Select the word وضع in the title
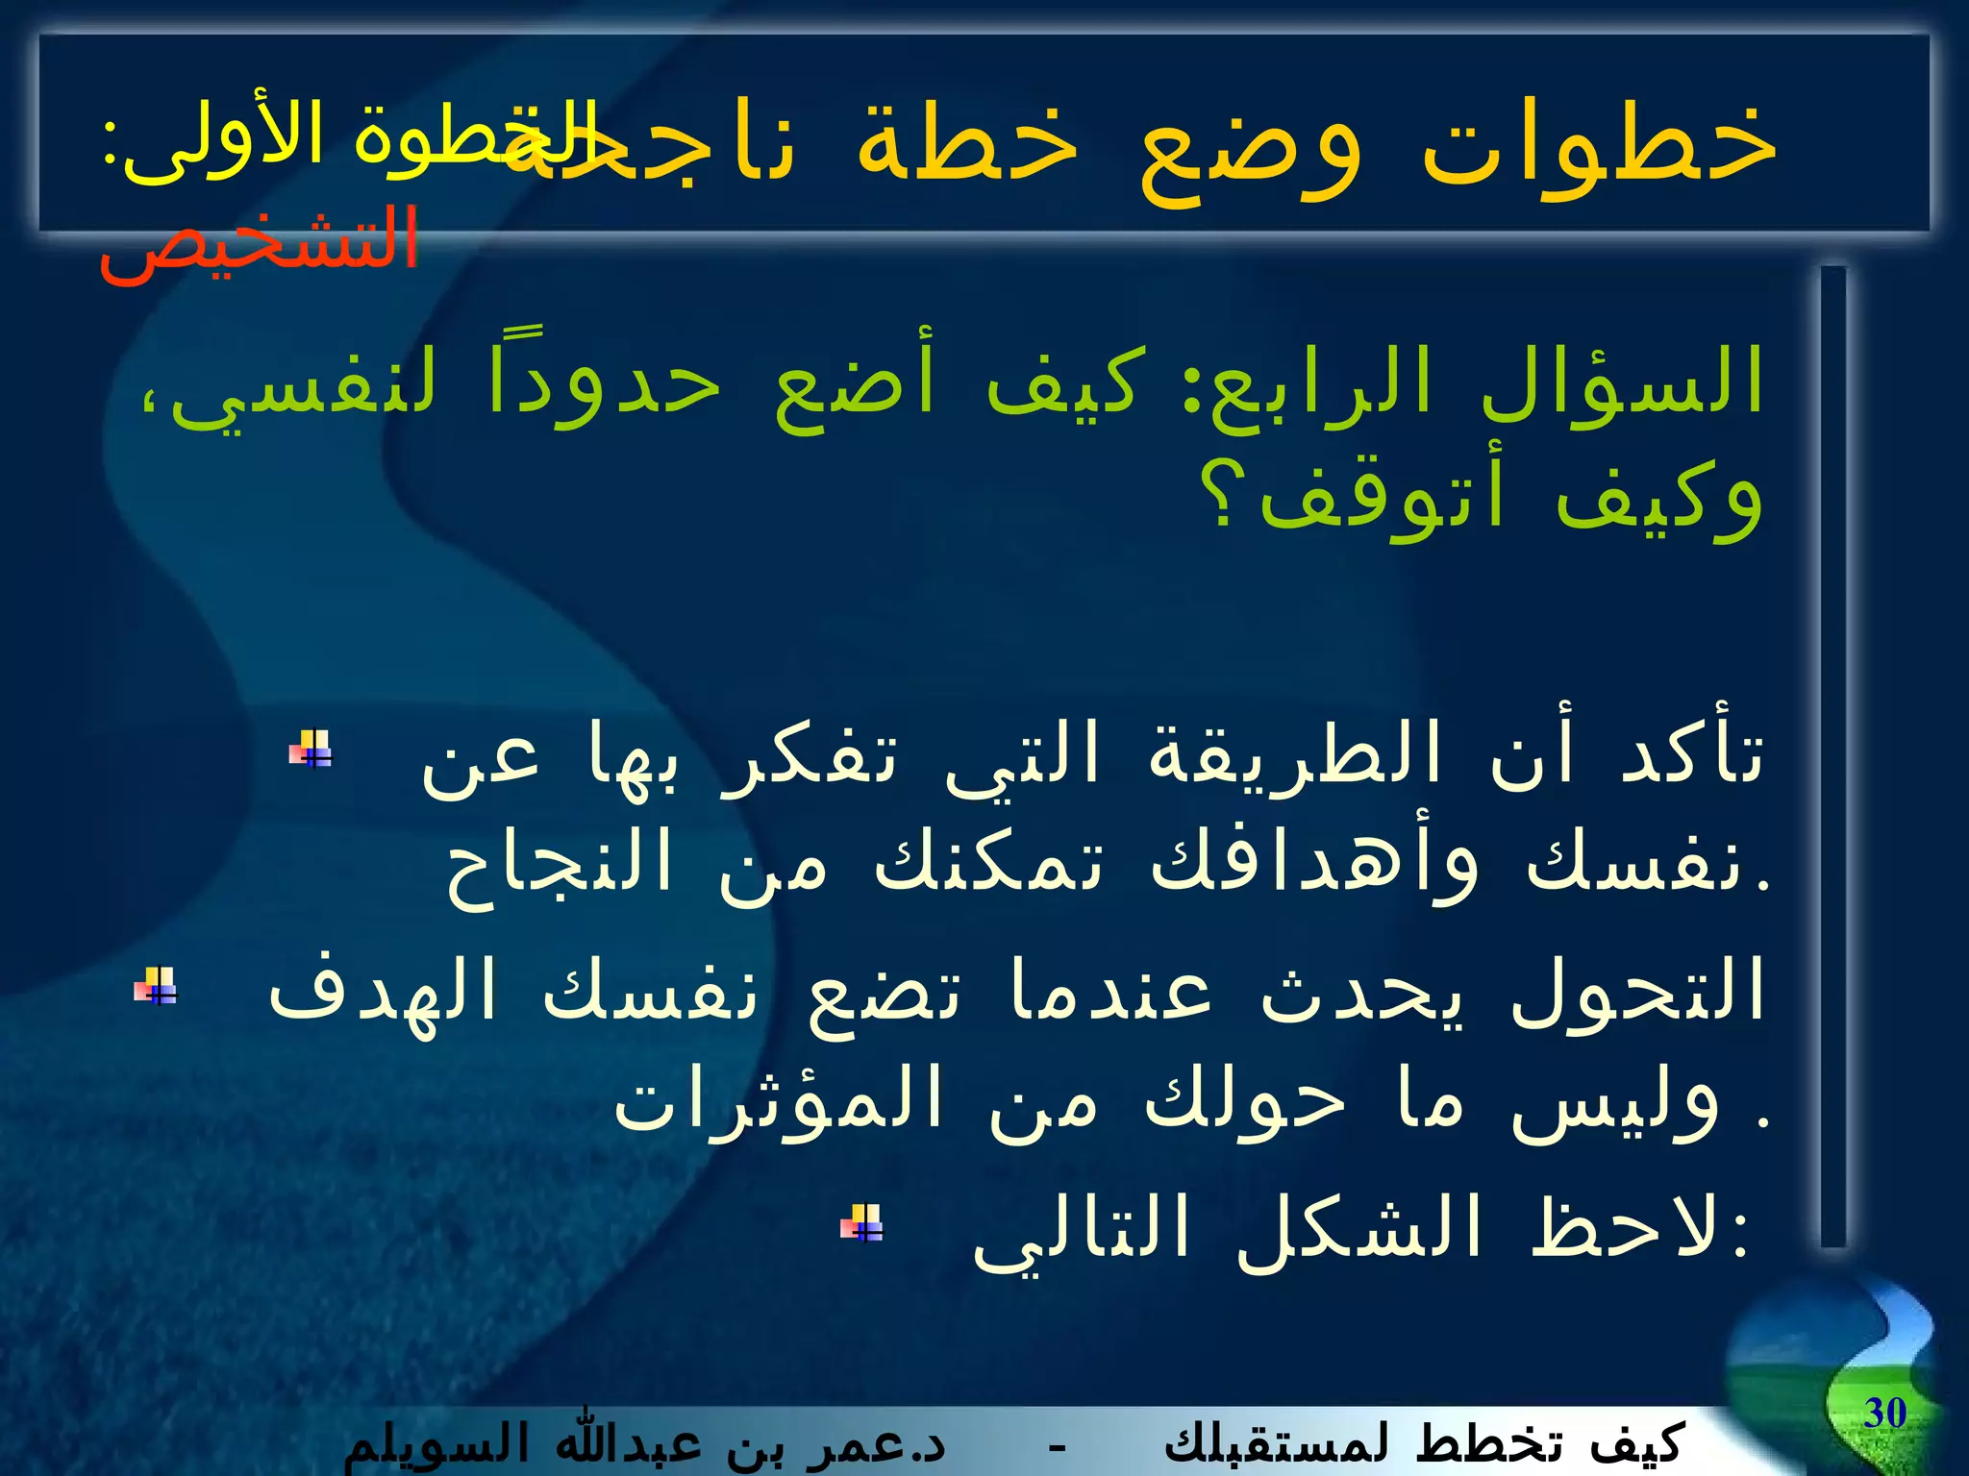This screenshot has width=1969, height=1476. click(x=1250, y=146)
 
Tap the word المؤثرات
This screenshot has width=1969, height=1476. click(x=779, y=1099)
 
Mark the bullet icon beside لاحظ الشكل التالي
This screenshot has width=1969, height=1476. click(x=862, y=1223)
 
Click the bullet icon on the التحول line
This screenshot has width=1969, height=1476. click(x=156, y=986)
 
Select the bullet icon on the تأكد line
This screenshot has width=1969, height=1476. click(x=311, y=749)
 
